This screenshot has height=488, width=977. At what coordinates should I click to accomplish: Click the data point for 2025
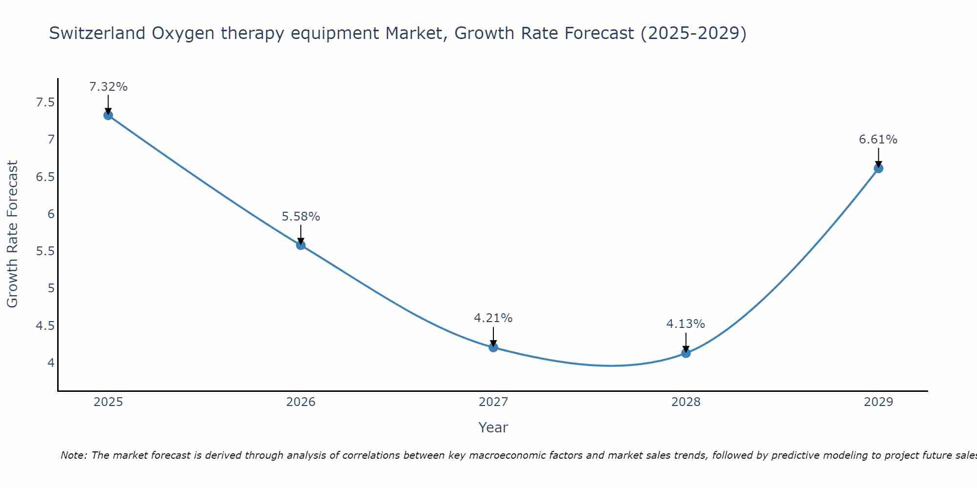tap(108, 115)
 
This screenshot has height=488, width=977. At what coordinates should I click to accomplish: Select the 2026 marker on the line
tap(301, 245)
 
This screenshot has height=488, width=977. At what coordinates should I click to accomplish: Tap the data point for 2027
tap(493, 347)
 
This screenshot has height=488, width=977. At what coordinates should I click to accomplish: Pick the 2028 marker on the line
tap(686, 353)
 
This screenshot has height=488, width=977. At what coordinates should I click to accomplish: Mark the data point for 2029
tap(878, 168)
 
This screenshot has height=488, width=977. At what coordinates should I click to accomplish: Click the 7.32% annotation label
tap(108, 87)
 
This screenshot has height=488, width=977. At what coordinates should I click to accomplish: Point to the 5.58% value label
tap(301, 217)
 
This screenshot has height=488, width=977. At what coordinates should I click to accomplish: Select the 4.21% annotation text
tap(493, 318)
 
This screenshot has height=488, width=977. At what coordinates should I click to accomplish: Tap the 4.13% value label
tap(686, 324)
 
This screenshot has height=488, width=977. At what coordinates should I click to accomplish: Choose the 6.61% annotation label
tap(878, 140)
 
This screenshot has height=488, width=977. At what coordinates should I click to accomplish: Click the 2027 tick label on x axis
tap(493, 402)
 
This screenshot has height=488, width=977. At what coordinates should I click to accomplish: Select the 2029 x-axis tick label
tap(878, 402)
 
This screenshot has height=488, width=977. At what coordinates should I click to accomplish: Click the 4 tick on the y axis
tap(51, 363)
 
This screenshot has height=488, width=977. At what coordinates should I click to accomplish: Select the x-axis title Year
tap(493, 427)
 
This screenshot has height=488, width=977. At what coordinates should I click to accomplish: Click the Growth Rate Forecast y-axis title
tap(12, 234)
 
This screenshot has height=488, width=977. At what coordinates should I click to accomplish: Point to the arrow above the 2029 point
tap(878, 157)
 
